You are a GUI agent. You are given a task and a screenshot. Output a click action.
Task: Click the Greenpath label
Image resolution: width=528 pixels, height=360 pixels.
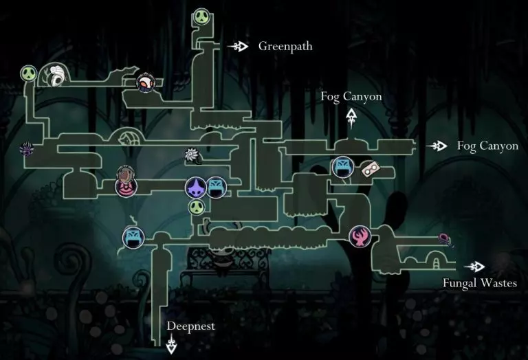point(285,47)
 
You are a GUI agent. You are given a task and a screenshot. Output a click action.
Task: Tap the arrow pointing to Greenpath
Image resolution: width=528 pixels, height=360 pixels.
point(238,47)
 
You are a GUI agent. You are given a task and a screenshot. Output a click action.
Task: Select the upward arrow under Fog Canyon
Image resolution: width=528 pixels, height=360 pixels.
point(351,118)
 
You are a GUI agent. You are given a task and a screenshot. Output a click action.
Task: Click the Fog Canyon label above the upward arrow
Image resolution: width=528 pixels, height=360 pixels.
point(351,97)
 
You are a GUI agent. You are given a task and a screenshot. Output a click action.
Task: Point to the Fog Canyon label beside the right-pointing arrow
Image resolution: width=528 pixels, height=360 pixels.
point(487,146)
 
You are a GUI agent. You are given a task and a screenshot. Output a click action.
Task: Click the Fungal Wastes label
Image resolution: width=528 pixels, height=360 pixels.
point(479,283)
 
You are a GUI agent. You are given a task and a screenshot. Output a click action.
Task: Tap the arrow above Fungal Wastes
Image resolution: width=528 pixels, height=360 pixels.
point(474,267)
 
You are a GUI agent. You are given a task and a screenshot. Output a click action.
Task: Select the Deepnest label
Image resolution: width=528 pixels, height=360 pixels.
point(190,326)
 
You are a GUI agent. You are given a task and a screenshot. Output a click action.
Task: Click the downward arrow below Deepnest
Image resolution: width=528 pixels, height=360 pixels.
point(171,344)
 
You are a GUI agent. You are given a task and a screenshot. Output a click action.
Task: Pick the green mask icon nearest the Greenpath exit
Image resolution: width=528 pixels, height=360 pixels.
point(201,16)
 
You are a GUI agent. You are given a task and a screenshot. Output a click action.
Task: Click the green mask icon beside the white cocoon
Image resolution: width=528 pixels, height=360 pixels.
point(28,74)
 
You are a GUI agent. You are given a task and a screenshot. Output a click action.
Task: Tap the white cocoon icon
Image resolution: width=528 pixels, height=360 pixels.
point(57,76)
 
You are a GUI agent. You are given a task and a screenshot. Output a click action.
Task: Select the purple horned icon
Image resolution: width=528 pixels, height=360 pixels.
point(196,188)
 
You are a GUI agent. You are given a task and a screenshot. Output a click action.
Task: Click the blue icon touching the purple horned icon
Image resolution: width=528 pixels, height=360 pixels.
point(216,188)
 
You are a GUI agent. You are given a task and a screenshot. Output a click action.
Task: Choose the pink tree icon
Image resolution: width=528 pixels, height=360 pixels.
point(360,236)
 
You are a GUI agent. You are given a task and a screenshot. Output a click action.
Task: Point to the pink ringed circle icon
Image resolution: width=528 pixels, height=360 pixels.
point(126,187)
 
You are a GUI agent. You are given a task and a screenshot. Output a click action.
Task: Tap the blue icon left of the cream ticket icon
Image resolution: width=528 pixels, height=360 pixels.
point(343,167)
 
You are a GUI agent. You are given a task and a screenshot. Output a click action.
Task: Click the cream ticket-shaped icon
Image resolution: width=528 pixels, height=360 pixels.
point(371,168)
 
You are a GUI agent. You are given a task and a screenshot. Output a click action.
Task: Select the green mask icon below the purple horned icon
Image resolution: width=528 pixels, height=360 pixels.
point(197,207)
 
